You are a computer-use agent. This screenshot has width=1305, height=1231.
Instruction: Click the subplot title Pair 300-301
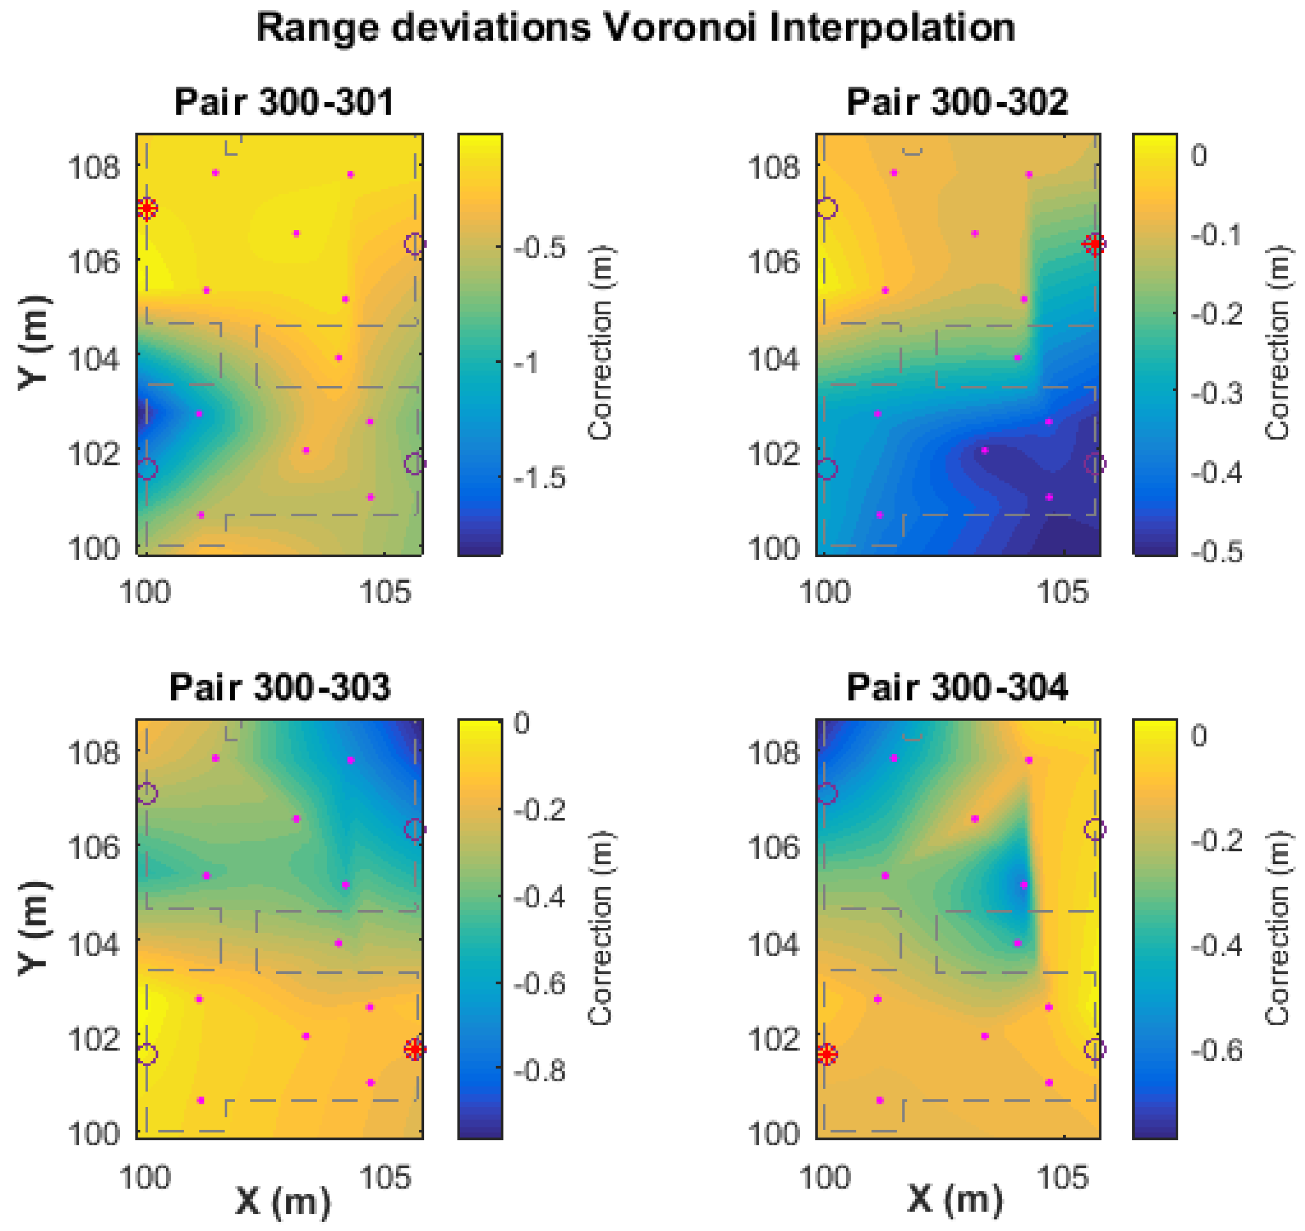click(x=284, y=103)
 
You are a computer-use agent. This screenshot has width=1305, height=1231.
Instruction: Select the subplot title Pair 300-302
click(x=957, y=103)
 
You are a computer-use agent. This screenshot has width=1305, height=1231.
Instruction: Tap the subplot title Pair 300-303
click(x=280, y=688)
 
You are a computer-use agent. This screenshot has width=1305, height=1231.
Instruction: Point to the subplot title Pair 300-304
click(x=957, y=688)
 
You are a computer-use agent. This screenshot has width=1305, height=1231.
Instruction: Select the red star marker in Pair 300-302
click(x=1094, y=244)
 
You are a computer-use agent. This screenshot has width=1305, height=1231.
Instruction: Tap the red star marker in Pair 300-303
click(x=414, y=1049)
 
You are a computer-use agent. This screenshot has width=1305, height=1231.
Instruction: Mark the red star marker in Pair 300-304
click(x=827, y=1055)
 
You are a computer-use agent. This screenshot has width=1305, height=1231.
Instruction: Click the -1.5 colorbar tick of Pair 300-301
click(x=540, y=478)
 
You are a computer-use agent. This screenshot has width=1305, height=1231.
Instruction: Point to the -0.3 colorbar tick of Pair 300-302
click(x=1217, y=393)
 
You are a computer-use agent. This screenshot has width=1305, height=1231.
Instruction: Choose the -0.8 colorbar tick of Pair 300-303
click(x=540, y=1070)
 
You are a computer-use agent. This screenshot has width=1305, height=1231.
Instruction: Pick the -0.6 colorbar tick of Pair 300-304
click(x=1217, y=1050)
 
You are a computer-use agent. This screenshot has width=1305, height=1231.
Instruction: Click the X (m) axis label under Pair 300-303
click(x=282, y=1200)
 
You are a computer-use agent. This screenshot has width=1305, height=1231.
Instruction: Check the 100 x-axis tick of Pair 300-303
click(x=145, y=1177)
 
